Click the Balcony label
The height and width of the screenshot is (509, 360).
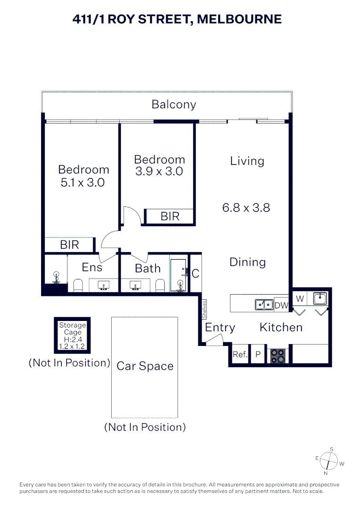[x=173, y=105]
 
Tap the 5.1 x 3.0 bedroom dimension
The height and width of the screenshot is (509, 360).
[x=83, y=182]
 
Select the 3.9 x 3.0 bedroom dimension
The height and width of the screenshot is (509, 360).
[x=159, y=172]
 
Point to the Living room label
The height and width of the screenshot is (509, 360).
[x=247, y=161]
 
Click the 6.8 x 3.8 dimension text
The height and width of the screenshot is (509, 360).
[x=246, y=207]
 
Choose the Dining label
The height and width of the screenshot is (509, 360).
[x=247, y=262]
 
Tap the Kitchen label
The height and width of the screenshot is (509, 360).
[x=281, y=327]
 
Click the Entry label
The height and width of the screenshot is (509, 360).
[x=220, y=328]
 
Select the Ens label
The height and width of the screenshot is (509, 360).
[x=92, y=267]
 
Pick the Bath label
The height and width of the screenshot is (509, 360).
[x=147, y=268]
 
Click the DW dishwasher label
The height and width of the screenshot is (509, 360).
[x=281, y=305]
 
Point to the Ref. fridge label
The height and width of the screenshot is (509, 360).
[x=240, y=354]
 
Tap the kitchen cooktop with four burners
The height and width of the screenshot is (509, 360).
[x=278, y=355]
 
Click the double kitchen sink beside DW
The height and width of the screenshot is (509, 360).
[x=264, y=305]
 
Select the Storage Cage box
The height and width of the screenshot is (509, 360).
[x=72, y=336]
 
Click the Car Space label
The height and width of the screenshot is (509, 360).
[x=145, y=366]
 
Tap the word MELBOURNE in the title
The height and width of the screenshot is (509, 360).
[x=239, y=19]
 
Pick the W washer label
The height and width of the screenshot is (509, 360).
[x=300, y=298]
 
